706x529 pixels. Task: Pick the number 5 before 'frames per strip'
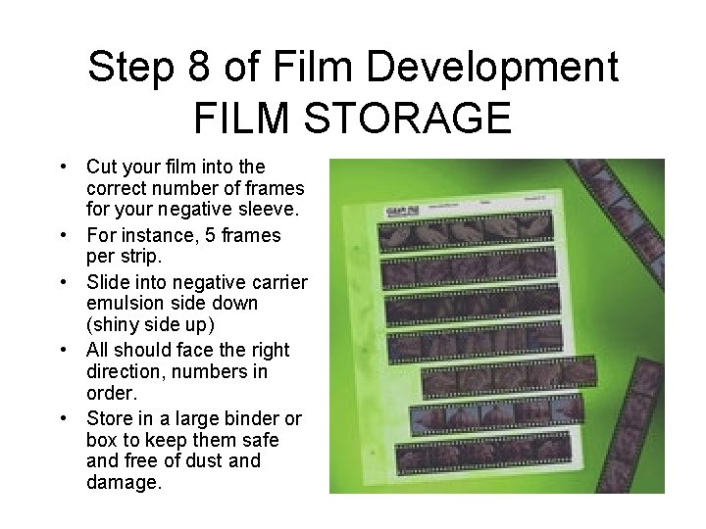tap(205, 235)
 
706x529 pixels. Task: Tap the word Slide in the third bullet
tap(109, 282)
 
